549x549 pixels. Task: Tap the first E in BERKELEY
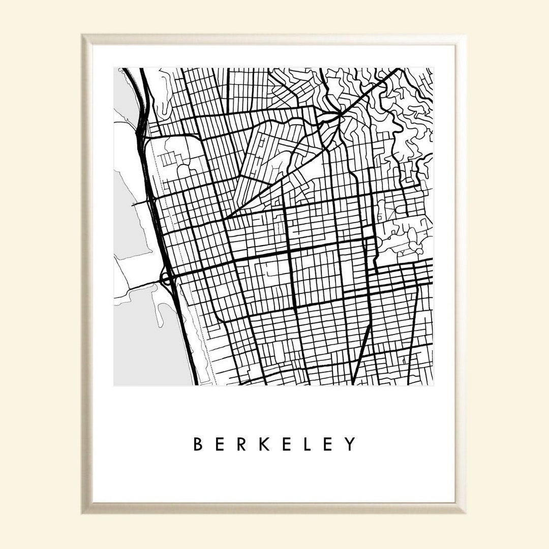(x=222, y=444)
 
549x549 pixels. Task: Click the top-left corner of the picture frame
(x=83, y=36)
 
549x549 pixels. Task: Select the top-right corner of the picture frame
(x=465, y=36)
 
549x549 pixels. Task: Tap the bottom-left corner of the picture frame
(x=83, y=512)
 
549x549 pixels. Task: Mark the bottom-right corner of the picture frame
(x=465, y=512)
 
